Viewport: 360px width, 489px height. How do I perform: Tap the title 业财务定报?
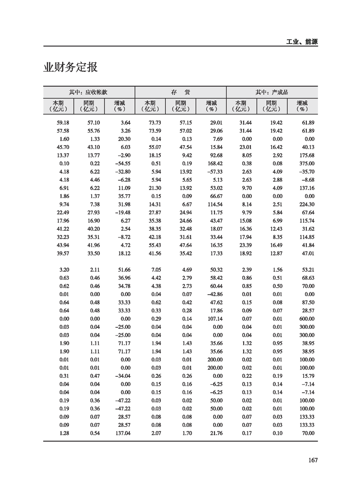(70, 68)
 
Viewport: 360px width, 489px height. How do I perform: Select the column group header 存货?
(180, 92)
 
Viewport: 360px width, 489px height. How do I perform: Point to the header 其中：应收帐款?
(89, 92)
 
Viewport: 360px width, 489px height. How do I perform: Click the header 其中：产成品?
(272, 92)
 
